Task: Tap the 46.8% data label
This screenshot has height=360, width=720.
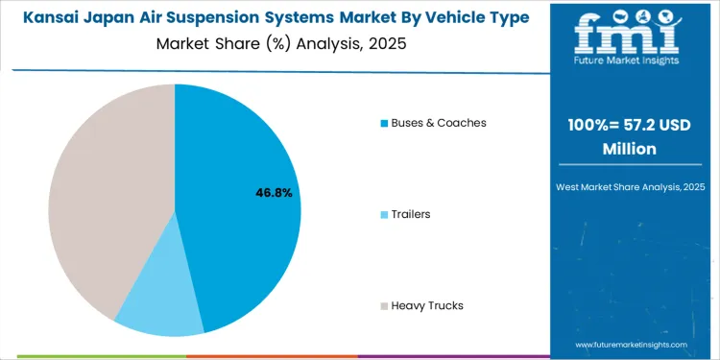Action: (274, 193)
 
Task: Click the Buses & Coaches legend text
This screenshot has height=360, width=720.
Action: (438, 123)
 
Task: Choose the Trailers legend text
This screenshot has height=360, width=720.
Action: (410, 214)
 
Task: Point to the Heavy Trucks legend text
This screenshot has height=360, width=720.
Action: (426, 305)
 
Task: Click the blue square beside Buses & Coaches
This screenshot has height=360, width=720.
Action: (384, 123)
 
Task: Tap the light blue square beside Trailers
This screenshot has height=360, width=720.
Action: (384, 214)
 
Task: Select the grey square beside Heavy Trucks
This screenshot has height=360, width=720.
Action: (384, 305)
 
